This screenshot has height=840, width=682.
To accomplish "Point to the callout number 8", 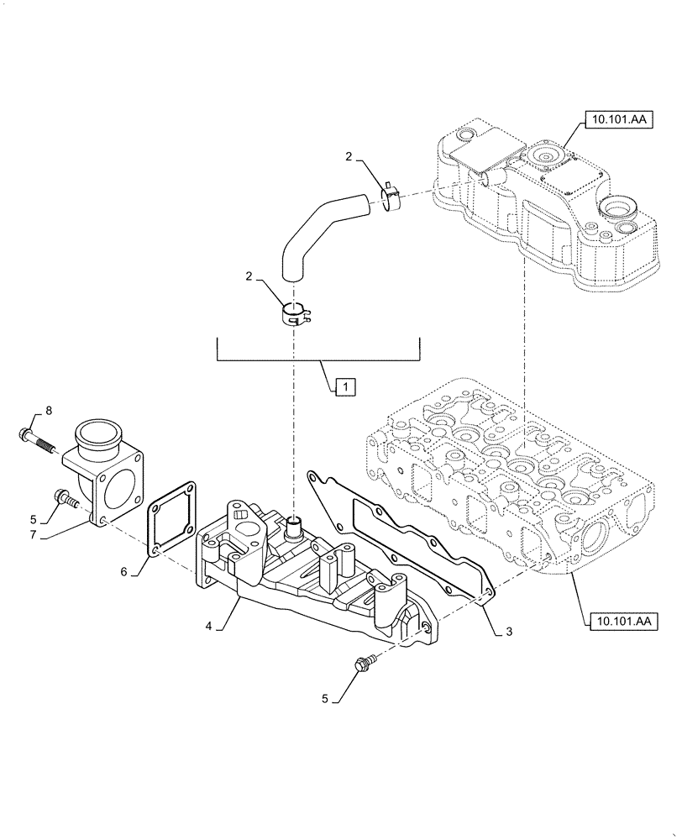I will tap(48, 410).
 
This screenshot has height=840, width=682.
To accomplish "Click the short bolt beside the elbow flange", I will tap(66, 499).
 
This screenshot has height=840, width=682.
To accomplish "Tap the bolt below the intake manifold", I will tap(367, 664).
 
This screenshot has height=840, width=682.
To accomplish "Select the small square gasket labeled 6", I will tap(174, 518).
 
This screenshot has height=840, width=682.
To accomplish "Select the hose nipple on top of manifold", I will tap(296, 531).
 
